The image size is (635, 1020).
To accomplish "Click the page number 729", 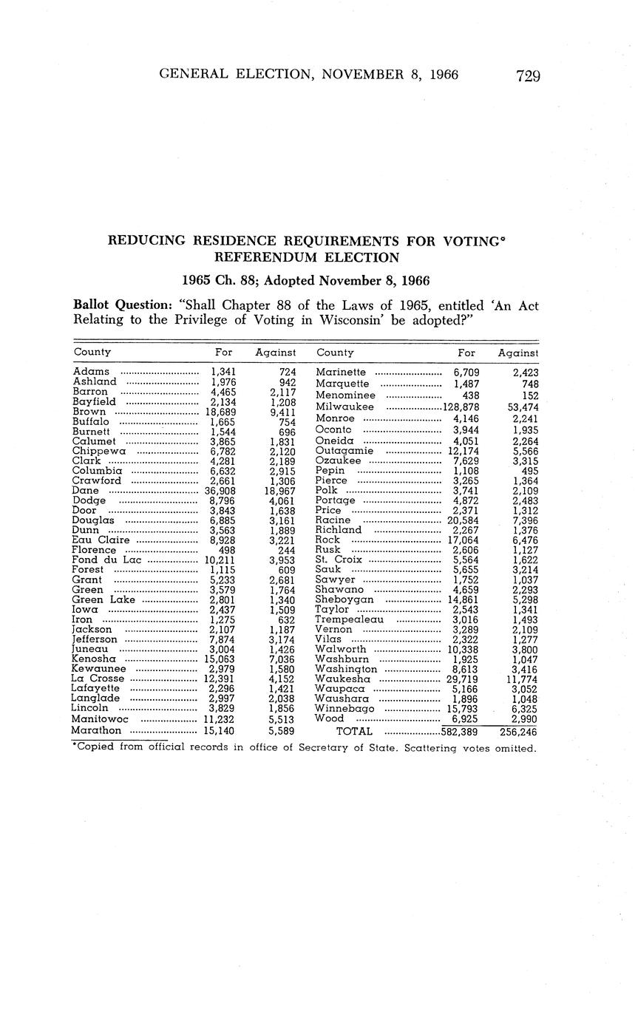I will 528,75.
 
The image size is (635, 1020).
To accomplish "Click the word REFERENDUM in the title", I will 259,257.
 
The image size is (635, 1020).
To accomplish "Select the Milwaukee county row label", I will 344,407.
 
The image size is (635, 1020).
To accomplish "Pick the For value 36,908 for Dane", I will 220,490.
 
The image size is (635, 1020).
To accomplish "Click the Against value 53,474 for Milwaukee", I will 518,407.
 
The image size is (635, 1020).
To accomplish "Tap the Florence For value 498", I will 225,550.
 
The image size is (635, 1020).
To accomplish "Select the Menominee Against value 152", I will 526,395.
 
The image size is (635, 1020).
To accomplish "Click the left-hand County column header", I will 92,353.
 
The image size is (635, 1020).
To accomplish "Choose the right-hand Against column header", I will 517,353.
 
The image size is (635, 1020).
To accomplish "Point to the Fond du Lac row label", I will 106,560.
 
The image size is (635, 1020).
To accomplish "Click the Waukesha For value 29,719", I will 462,679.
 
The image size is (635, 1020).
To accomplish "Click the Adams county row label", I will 91,371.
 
